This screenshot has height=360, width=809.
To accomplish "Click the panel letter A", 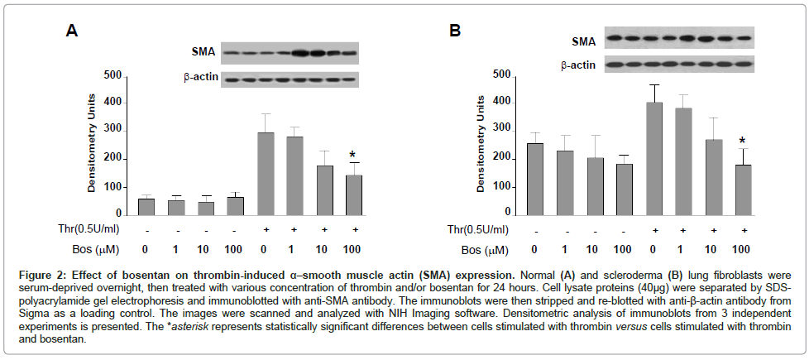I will [x=73, y=31].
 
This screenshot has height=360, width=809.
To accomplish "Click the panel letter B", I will [x=454, y=31].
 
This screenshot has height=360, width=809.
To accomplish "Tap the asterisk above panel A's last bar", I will [x=352, y=155].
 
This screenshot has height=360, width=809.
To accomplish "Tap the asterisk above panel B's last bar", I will [x=742, y=142].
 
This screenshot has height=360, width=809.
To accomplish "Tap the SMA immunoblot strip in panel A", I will [x=290, y=53].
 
